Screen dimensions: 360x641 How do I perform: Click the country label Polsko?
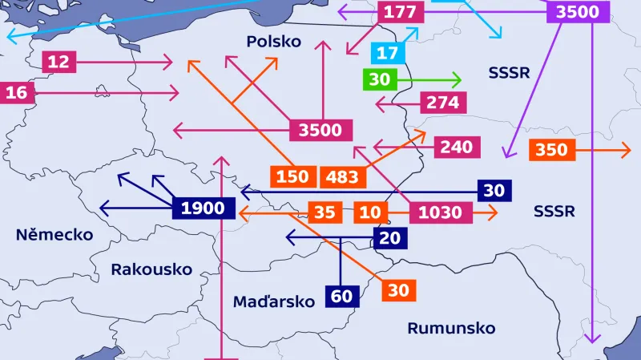[274, 42]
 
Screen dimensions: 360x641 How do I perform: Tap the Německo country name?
[54, 235]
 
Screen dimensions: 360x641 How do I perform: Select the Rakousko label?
[151, 269]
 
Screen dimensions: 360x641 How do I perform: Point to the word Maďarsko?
[274, 301]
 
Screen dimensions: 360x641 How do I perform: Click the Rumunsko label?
[451, 328]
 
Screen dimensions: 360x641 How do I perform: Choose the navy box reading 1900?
[203, 209]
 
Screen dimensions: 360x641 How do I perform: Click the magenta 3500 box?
[320, 130]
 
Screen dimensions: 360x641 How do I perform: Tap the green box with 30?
[380, 80]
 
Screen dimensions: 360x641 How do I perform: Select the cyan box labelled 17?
[387, 54]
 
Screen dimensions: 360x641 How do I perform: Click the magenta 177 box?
[399, 12]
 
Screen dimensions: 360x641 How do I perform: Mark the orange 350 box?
[551, 149]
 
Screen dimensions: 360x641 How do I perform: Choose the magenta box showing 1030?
[440, 212]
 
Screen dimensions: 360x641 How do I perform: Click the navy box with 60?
[341, 296]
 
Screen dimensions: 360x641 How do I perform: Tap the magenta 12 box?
[58, 62]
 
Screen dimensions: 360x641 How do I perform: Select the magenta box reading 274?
[442, 103]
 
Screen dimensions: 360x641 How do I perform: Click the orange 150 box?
[292, 176]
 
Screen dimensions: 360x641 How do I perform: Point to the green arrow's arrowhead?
[458, 80]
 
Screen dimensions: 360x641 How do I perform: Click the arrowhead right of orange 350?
[627, 149]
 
